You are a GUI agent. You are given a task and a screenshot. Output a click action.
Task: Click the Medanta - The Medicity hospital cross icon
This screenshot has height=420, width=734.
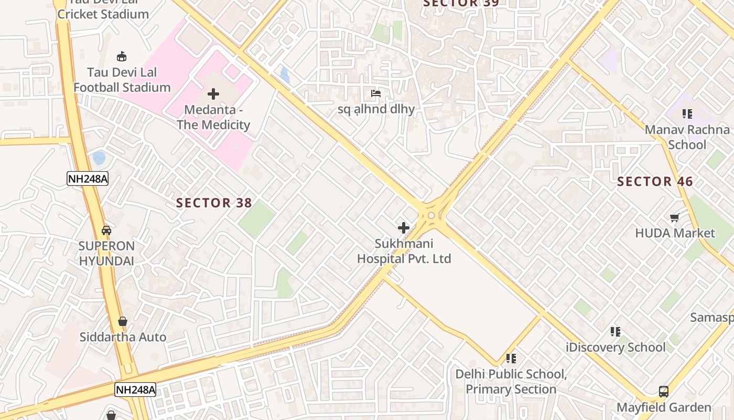click(213, 94)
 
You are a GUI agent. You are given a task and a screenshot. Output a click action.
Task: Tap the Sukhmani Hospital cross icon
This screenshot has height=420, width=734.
click(403, 228)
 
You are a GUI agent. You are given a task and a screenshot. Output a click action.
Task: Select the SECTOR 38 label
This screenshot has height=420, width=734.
click(214, 203)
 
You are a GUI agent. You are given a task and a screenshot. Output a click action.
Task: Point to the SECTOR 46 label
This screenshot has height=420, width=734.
click(655, 182)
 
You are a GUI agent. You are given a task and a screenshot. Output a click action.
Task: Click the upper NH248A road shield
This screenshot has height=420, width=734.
click(88, 178)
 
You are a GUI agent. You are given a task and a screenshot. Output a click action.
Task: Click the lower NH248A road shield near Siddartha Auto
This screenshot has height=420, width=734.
click(135, 390)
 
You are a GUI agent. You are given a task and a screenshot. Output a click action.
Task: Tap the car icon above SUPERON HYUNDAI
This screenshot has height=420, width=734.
click(106, 230)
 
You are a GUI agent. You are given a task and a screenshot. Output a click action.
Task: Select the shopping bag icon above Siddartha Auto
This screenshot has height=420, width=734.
click(122, 321)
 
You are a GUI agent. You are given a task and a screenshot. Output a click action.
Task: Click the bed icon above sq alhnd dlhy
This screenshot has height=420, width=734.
click(376, 94)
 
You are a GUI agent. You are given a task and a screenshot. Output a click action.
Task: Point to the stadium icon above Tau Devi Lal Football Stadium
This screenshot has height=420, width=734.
click(122, 56)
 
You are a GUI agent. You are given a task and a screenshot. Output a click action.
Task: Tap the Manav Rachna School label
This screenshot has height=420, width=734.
click(687, 137)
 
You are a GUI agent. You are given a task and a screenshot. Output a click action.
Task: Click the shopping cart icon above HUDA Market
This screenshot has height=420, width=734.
click(675, 217)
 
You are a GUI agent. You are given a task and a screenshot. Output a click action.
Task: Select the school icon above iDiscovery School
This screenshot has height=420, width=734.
click(616, 331)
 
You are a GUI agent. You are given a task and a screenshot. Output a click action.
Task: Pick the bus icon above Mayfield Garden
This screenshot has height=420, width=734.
click(664, 391)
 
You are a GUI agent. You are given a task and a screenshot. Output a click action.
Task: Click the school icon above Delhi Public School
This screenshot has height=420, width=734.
click(511, 359)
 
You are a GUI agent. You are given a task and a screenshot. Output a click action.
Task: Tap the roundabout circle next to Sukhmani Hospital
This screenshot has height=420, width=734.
click(431, 215)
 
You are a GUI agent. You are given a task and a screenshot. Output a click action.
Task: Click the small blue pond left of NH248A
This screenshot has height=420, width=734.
click(99, 157)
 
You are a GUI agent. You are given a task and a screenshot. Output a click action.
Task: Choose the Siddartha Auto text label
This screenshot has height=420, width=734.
click(123, 337)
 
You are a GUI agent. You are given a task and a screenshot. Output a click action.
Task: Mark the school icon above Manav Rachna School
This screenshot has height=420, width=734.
click(687, 113)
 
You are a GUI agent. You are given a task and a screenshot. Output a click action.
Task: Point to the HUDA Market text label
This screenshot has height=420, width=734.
click(675, 233)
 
